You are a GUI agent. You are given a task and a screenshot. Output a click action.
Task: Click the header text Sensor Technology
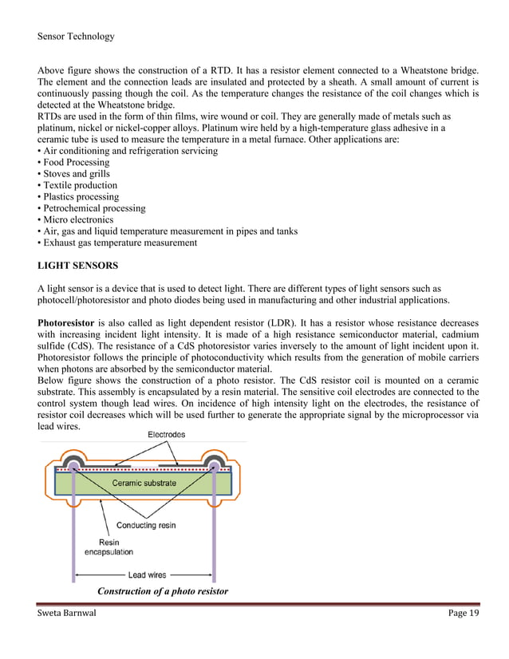click(x=76, y=36)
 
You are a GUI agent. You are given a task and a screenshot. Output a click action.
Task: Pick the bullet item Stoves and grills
click(x=73, y=174)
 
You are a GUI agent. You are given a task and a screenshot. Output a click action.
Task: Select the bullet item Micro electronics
click(x=75, y=219)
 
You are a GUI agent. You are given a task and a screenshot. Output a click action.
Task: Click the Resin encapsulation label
click(x=109, y=546)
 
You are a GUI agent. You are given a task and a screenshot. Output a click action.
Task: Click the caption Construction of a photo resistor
click(x=162, y=591)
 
